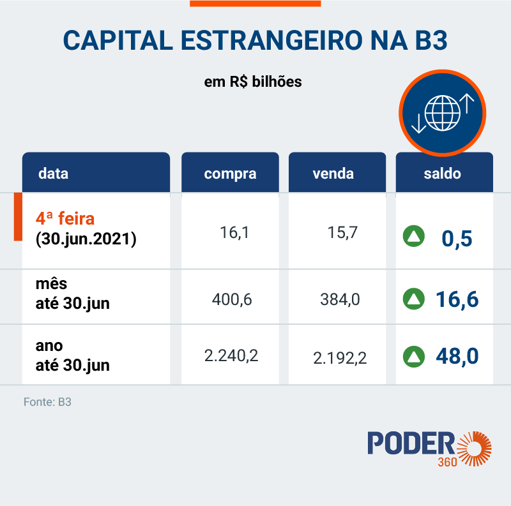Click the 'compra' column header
230,174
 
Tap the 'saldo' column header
442,174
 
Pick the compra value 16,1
234,233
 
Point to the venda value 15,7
342,233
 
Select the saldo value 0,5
457,238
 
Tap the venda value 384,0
339,298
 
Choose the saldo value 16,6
457,298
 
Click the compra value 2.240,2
231,356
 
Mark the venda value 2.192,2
339,358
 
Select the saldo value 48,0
457,356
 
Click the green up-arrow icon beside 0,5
413,237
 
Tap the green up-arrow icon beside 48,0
413,356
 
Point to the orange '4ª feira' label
65,219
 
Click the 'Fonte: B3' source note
47,403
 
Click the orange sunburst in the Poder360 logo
475,448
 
